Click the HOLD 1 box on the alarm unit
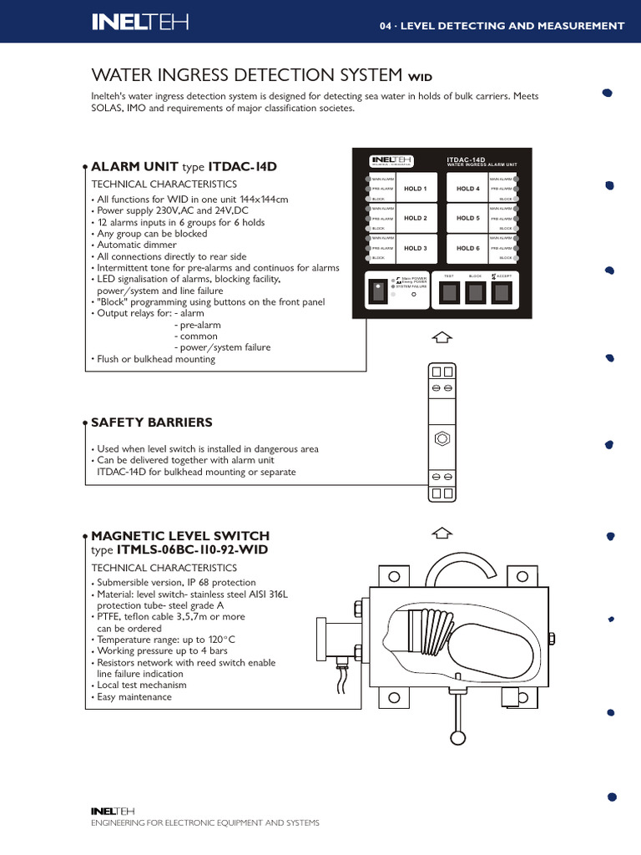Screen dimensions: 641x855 [415, 190]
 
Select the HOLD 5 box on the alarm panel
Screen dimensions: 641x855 [468, 219]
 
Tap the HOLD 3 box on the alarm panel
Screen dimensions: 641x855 [415, 249]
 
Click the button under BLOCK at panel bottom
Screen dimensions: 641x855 [476, 292]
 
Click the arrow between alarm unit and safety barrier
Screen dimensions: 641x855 [443, 336]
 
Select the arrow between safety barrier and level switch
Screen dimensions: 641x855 [443, 532]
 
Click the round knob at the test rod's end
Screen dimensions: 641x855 [457, 737]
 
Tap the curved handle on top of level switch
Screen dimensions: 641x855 [458, 569]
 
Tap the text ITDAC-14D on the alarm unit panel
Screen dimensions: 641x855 [466, 158]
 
